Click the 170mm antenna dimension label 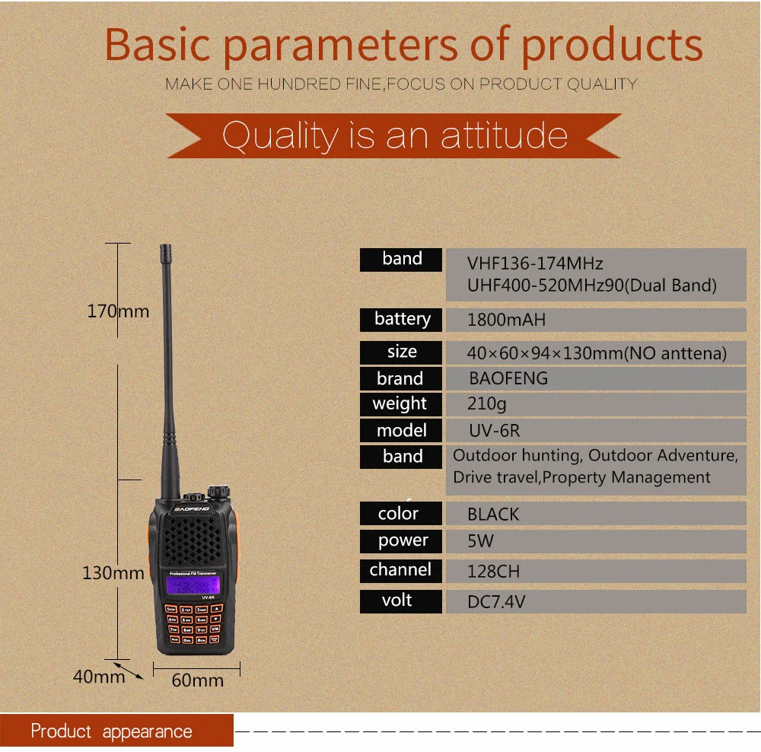click(x=118, y=311)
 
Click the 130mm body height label click(x=113, y=573)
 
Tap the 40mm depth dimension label click(x=99, y=676)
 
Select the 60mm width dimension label click(x=197, y=680)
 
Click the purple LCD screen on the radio click(x=193, y=585)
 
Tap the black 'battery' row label click(x=402, y=320)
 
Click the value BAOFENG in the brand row click(x=508, y=378)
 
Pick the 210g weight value click(x=486, y=404)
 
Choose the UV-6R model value click(x=494, y=431)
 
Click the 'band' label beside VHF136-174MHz click(x=402, y=260)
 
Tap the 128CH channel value click(x=493, y=571)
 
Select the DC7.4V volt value click(x=496, y=602)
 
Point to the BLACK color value click(x=493, y=515)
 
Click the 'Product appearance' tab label click(x=112, y=732)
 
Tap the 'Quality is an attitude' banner click(x=395, y=136)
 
